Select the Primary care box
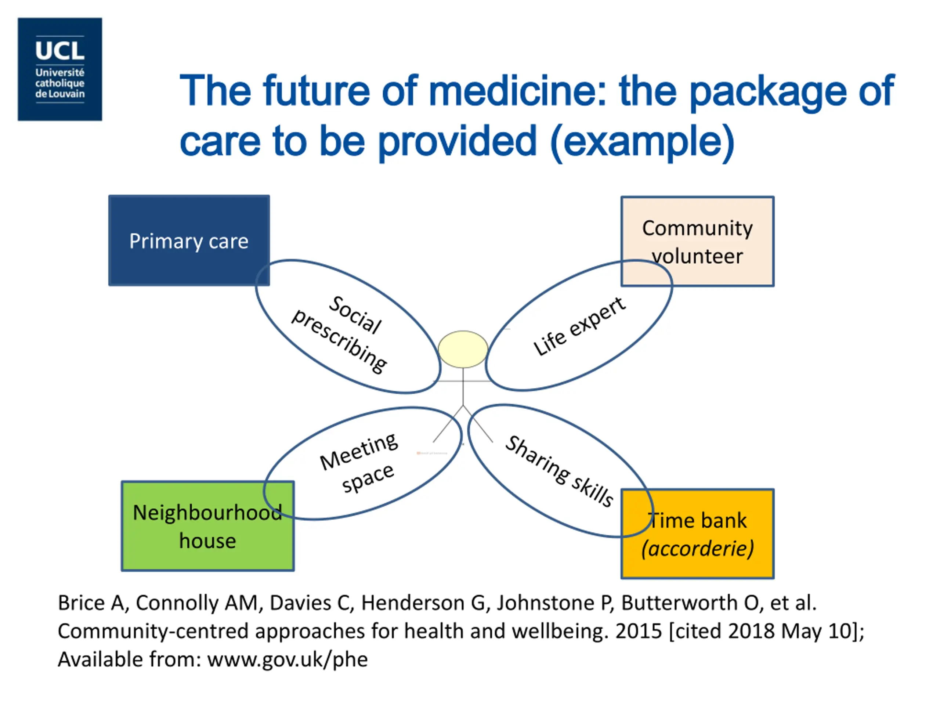tap(189, 241)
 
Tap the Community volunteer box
tap(697, 241)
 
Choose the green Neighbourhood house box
tap(207, 526)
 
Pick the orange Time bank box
tap(697, 534)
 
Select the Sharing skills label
tap(560, 471)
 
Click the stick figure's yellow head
tap(463, 349)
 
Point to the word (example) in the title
tap(642, 141)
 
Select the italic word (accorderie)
tap(697, 549)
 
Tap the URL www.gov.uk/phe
tap(287, 659)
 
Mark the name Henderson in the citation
tap(413, 603)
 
